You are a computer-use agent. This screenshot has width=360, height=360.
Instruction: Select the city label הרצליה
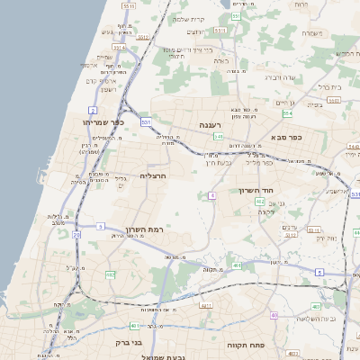click(154, 175)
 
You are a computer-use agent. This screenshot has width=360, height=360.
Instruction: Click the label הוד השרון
click(254, 190)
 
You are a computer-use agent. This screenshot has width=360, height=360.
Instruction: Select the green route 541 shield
click(219, 136)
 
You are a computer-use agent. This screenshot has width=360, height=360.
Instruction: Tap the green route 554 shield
click(287, 113)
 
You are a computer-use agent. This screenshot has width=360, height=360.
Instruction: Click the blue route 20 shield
click(76, 235)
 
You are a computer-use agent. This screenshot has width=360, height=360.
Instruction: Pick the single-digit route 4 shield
click(212, 194)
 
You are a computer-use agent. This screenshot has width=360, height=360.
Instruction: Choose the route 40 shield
click(274, 315)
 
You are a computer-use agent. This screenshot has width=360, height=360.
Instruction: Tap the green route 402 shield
click(260, 202)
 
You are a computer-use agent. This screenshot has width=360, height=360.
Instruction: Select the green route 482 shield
click(111, 274)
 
